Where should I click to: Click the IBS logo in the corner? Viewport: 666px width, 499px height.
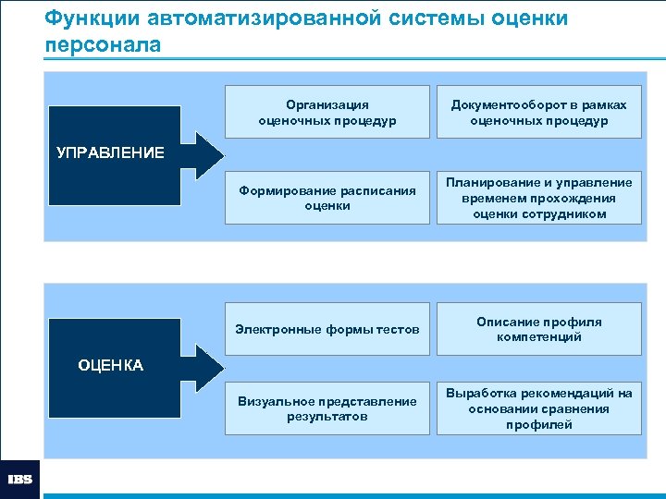coord(19,479)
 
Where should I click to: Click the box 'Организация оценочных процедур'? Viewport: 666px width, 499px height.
coord(327,113)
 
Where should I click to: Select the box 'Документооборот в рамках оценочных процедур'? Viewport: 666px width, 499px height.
coord(538,113)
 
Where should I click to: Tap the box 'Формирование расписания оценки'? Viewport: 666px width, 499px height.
coord(327,198)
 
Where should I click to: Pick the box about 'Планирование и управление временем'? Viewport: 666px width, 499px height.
coord(538,198)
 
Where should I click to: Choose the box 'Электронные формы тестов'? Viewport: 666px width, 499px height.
coord(327,329)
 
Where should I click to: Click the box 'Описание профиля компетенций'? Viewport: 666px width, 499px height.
coord(538,329)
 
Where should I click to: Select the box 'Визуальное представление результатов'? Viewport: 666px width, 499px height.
coord(327,408)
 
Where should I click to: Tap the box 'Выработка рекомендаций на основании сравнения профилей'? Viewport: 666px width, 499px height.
coord(538,408)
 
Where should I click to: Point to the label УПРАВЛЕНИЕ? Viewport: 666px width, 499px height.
coord(110,152)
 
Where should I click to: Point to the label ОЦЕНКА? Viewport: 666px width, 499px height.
coord(111,365)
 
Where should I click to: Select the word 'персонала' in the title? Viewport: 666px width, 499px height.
coord(102,44)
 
